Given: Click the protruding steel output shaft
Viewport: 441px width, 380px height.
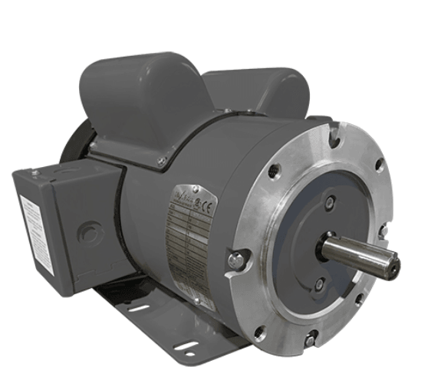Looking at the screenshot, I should point(357,254).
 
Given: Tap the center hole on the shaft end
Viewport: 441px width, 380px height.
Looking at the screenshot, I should point(393,267).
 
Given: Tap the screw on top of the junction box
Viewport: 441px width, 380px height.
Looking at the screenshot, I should point(35,173).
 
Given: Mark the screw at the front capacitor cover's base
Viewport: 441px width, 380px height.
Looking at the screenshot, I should point(162,161).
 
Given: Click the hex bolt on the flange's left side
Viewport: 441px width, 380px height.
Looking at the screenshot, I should point(236,260).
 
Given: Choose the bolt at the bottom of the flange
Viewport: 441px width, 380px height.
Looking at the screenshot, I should point(310,338).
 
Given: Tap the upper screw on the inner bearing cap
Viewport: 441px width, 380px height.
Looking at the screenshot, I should point(330,202).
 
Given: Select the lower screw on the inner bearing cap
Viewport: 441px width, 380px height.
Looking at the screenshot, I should point(319,284).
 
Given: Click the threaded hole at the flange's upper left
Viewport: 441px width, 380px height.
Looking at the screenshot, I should point(275,172).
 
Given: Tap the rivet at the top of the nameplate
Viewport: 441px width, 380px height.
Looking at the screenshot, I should point(196,188).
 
